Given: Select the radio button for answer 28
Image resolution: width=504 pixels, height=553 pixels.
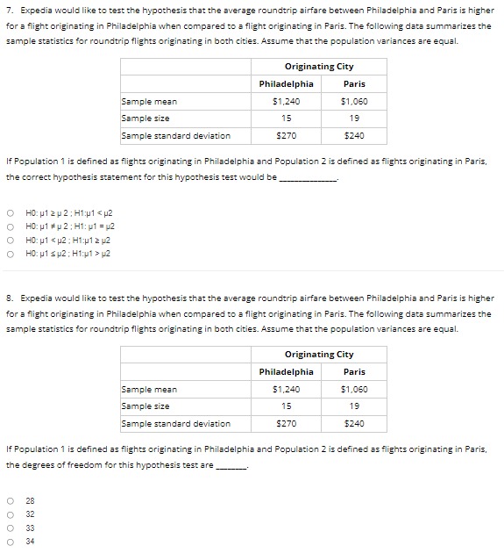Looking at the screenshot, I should tap(10, 499).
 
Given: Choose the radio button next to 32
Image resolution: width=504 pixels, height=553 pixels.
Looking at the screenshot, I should tap(10, 513).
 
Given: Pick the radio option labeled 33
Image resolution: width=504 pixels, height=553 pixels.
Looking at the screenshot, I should tap(10, 528).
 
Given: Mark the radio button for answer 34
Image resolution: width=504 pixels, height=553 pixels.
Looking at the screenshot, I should tap(10, 542).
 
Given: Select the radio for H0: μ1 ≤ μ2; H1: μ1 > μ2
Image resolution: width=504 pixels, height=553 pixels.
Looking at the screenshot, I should tap(10, 254).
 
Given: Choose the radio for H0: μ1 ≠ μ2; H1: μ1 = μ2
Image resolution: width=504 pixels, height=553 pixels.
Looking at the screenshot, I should tap(10, 226).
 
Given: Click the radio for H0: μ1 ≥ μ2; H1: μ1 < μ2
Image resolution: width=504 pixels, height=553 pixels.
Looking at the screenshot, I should tap(10, 212).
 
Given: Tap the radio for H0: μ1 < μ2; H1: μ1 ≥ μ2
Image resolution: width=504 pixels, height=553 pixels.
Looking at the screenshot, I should tap(10, 240).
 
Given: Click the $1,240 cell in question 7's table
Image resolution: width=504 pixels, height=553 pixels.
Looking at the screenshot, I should tap(286, 101).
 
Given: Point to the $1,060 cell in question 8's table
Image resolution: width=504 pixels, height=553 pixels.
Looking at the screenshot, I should tap(354, 389).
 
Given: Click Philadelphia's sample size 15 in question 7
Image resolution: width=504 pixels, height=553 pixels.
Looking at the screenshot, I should tap(286, 118).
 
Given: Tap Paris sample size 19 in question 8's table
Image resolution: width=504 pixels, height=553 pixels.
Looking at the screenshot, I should tap(354, 406).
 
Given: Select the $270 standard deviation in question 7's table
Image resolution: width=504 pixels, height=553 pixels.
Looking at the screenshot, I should tap(286, 136).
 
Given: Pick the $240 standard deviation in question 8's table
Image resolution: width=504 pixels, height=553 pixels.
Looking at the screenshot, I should tap(354, 424).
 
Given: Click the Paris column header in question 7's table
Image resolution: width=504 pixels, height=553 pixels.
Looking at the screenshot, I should tap(354, 83).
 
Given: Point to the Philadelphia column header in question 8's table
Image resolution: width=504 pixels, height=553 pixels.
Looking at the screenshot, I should tap(286, 371).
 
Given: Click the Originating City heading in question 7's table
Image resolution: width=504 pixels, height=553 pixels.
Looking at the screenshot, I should tap(319, 66).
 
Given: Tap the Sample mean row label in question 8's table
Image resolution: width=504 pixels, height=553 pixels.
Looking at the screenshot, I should tap(149, 389).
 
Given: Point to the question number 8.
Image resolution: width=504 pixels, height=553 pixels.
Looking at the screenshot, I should tap(9, 298).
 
